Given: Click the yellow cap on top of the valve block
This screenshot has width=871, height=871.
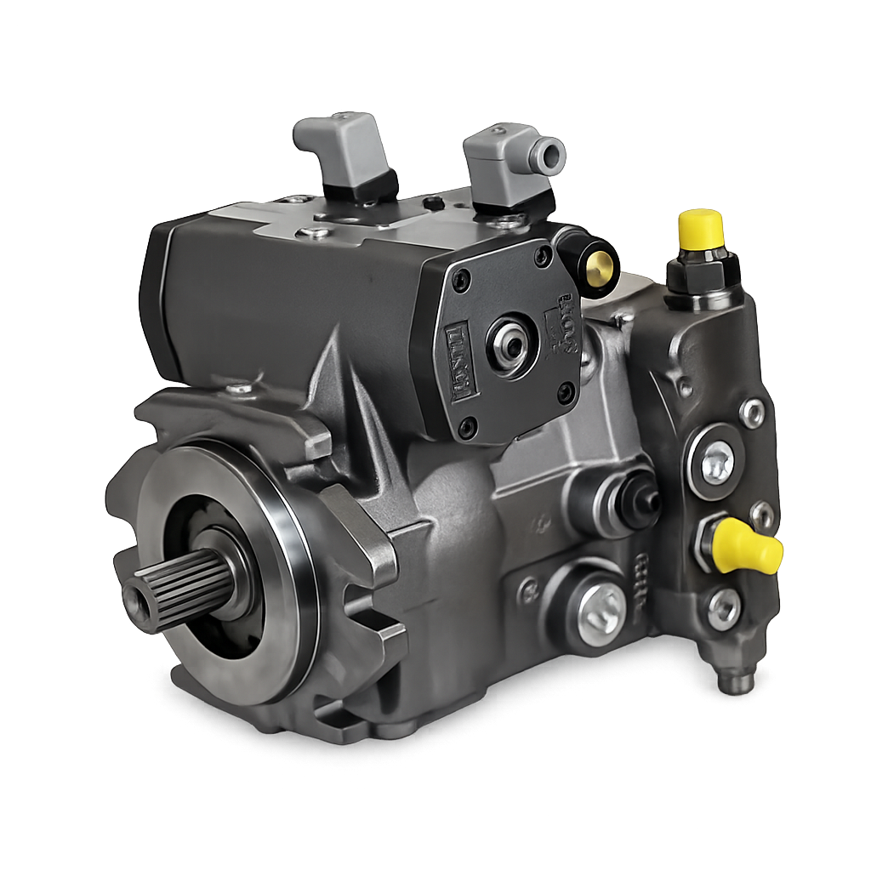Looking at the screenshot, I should tap(700, 229).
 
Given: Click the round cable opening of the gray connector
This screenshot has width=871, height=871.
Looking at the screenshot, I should tap(547, 155).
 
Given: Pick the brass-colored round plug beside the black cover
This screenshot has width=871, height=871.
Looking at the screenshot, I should tap(599, 268).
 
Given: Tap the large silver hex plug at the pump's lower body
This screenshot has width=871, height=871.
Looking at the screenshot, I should tap(601, 609).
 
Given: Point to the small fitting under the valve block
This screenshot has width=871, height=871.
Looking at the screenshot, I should tap(736, 679).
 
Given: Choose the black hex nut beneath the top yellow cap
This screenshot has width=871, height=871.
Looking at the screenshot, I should tap(703, 270).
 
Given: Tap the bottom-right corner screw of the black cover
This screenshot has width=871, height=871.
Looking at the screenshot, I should tap(565, 392).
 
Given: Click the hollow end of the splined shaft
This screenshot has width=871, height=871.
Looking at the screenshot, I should tap(136, 603).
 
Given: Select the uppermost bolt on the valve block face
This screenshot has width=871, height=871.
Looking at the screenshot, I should tap(752, 413).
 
